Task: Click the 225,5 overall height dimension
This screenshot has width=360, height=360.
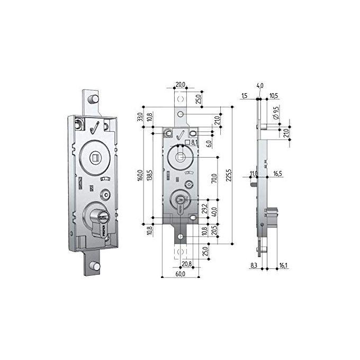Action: tap(229, 175)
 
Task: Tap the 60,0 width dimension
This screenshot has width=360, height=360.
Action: tap(181, 274)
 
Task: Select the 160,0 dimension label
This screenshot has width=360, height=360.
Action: tap(140, 175)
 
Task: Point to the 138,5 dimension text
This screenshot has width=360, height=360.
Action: tap(150, 175)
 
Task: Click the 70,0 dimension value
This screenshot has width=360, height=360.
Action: tap(214, 178)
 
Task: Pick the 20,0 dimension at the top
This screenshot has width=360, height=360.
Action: tap(181, 85)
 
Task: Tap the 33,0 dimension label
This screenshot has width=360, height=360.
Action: tap(140, 117)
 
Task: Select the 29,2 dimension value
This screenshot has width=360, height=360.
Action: tap(204, 209)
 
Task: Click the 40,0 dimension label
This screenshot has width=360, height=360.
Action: tap(214, 212)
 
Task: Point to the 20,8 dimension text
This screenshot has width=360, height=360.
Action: tap(187, 264)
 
